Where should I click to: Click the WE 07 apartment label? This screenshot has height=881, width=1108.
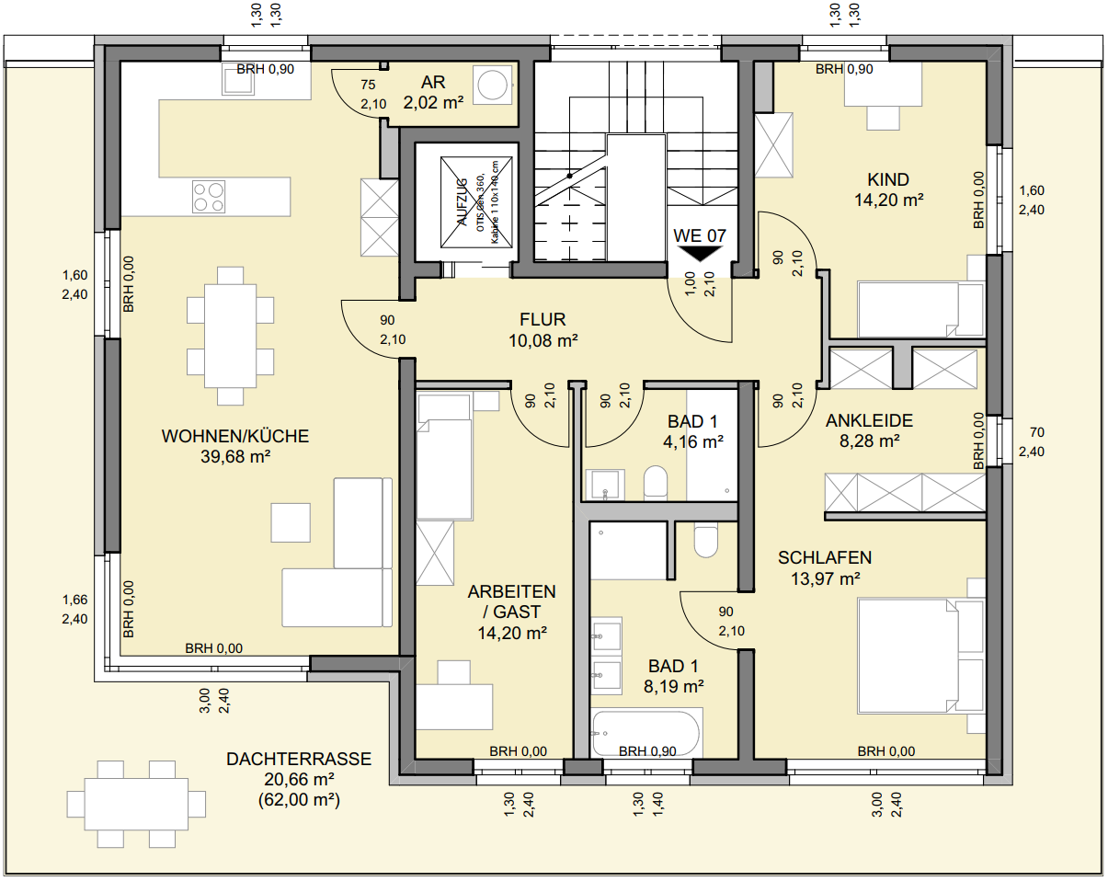pyautogui.click(x=699, y=235)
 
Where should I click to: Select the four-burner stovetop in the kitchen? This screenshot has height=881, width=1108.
pyautogui.click(x=209, y=196)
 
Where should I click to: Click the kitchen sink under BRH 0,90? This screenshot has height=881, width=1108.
pyautogui.click(x=238, y=79)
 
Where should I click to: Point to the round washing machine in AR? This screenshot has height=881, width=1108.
pyautogui.click(x=493, y=86)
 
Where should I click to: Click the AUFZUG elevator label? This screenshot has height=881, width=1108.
pyautogui.click(x=462, y=201)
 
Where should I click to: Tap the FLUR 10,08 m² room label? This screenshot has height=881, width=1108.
pyautogui.click(x=543, y=329)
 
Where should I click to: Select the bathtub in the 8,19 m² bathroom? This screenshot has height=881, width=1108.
pyautogui.click(x=646, y=733)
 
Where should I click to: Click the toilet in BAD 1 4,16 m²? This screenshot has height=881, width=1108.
pyautogui.click(x=656, y=483)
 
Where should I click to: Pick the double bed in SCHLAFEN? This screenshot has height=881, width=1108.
pyautogui.click(x=908, y=656)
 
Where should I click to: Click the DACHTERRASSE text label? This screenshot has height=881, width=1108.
pyautogui.click(x=299, y=759)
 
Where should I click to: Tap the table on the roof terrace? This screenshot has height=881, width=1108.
pyautogui.click(x=136, y=804)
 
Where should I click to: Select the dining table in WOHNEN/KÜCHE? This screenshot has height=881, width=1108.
pyautogui.click(x=230, y=336)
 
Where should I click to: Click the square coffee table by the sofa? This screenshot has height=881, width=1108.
pyautogui.click(x=291, y=522)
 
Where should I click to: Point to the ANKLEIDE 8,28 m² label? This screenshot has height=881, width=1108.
pyautogui.click(x=869, y=430)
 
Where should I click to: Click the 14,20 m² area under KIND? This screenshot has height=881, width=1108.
pyautogui.click(x=888, y=200)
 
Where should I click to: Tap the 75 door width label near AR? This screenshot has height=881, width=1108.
pyautogui.click(x=368, y=85)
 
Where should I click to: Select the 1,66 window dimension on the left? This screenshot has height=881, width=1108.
pyautogui.click(x=75, y=600)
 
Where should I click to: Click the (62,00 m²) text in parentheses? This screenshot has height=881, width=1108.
pyautogui.click(x=299, y=800)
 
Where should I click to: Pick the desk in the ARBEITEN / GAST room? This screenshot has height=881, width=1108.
pyautogui.click(x=453, y=706)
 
